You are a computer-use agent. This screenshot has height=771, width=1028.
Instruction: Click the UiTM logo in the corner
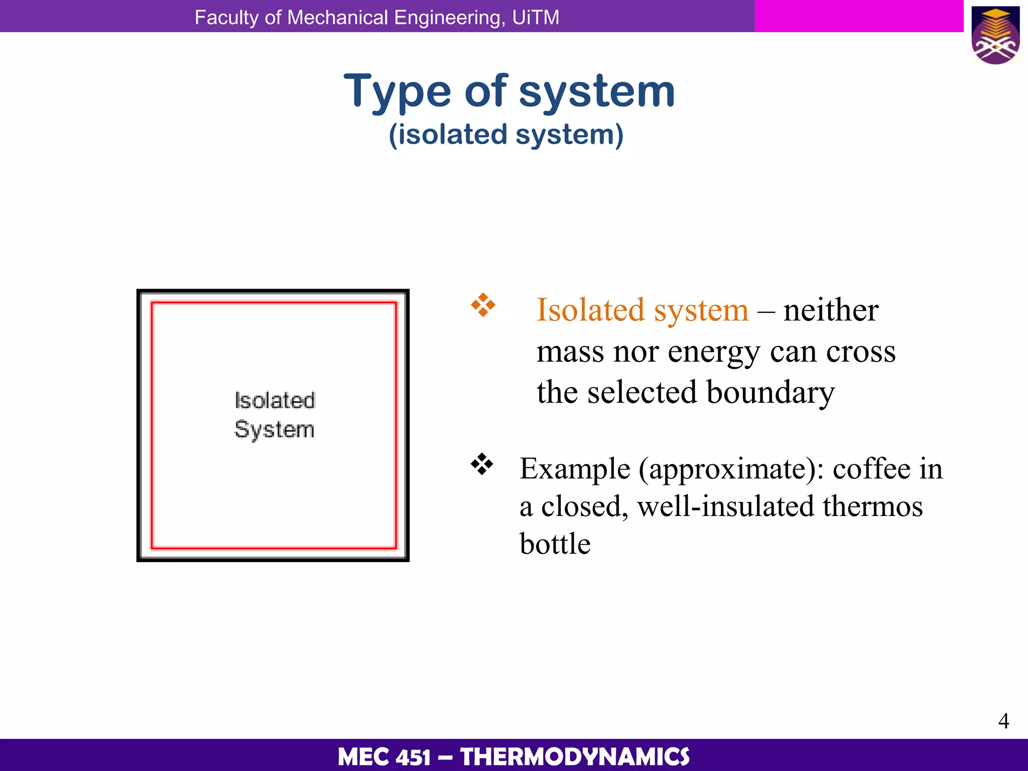995,35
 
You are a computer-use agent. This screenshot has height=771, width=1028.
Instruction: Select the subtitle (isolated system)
506,135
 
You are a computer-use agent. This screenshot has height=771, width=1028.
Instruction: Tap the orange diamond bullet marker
483,305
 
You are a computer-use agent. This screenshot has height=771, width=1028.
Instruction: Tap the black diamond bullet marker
482,464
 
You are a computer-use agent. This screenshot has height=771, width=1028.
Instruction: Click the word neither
831,310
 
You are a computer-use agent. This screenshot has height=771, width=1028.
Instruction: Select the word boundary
770,393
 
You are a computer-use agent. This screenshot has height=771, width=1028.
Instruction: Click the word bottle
555,544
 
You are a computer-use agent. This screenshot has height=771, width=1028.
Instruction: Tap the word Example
575,469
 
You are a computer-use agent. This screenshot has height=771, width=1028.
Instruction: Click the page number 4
1003,721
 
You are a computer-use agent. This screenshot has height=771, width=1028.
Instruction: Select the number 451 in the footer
413,757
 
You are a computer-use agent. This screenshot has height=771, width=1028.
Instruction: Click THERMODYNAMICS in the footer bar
575,757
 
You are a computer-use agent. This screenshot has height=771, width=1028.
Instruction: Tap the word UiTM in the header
536,18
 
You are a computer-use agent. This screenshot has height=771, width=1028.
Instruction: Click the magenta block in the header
858,16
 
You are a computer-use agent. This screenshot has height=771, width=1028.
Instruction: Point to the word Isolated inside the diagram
275,401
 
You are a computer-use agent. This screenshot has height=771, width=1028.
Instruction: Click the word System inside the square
274,430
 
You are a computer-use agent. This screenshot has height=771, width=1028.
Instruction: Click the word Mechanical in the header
338,18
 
